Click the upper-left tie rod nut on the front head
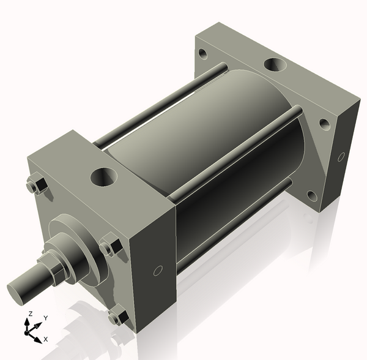pos(35,185)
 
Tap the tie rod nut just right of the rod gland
pos(109,248)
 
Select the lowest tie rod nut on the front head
pos(116,317)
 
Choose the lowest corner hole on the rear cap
pos(312,196)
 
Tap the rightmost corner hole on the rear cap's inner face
pos(324,124)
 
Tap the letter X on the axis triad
pos(46,339)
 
